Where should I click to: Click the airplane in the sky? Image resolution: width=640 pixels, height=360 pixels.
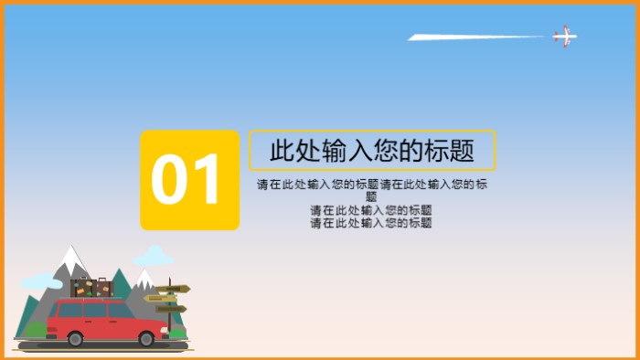[x=564, y=37]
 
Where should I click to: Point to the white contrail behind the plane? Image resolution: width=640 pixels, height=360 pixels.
[x=475, y=37]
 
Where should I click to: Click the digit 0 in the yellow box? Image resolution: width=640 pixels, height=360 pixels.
[x=169, y=180]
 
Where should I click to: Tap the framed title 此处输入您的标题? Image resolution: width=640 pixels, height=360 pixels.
[x=372, y=151]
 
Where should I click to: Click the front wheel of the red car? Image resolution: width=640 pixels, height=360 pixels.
[x=146, y=338]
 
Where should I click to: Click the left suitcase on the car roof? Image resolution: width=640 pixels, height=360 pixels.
[x=81, y=288]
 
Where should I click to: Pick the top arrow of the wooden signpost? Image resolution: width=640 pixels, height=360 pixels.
[x=174, y=290]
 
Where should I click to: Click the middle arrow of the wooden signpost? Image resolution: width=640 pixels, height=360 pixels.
[x=159, y=299]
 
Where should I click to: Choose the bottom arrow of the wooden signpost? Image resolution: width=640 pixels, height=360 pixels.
[x=172, y=309]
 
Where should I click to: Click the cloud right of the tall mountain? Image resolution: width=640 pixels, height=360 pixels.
[x=153, y=256]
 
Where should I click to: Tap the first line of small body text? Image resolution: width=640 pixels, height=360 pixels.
[x=372, y=185]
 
